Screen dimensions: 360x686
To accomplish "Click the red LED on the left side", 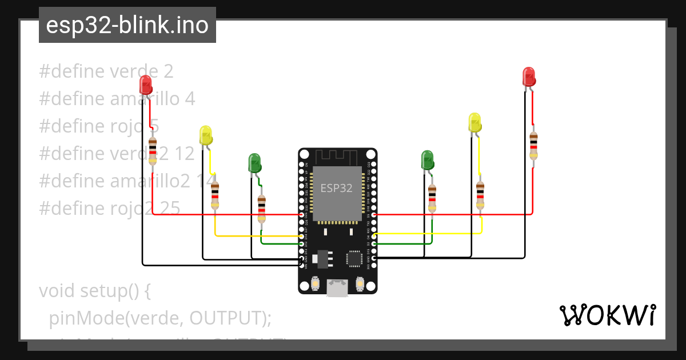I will click(x=146, y=85).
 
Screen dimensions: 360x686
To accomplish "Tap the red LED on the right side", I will click(x=529, y=77).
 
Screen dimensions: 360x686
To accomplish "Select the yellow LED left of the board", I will click(x=206, y=135).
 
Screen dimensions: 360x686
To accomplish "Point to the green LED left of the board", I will click(x=254, y=162).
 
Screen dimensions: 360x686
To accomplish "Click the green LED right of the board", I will click(x=427, y=159).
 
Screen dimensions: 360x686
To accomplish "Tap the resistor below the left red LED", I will click(x=153, y=151).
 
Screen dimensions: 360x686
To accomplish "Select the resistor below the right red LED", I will click(x=533, y=146).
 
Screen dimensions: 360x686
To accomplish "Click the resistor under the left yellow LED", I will click(x=215, y=195).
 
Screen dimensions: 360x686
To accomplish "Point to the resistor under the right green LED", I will click(x=432, y=197).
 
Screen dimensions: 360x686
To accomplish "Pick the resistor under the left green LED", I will click(x=261, y=209).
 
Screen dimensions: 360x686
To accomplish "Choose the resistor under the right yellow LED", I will click(x=480, y=195).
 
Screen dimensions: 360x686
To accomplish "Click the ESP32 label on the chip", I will click(x=336, y=188).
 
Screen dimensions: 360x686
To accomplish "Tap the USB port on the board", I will click(x=337, y=288).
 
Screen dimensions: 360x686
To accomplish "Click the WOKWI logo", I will click(x=607, y=315).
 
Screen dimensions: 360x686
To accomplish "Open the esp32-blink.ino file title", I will click(x=127, y=25).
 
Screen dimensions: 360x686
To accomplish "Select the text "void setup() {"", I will click(x=94, y=290).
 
